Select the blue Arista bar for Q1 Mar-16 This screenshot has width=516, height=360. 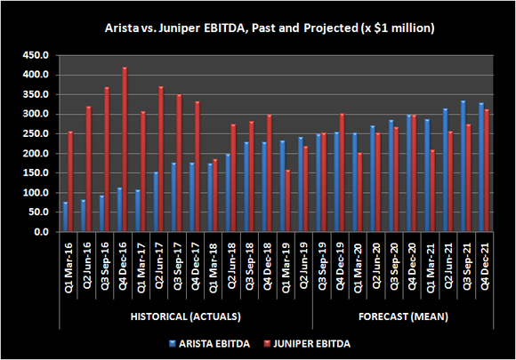pyautogui.click(x=65, y=217)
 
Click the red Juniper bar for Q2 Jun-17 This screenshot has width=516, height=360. pyautogui.click(x=161, y=159)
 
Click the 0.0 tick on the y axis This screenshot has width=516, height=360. pyautogui.click(x=41, y=232)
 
